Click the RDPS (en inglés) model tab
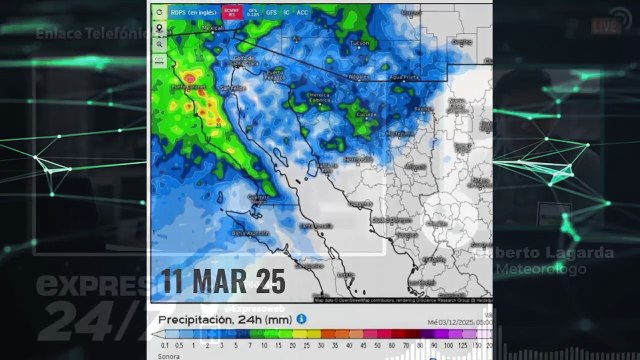point(193,12)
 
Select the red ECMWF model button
point(231,12)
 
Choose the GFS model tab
point(271,12)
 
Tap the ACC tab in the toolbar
point(303,12)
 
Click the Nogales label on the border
point(357,76)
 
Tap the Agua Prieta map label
point(402,76)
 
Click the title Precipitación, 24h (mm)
point(224,319)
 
